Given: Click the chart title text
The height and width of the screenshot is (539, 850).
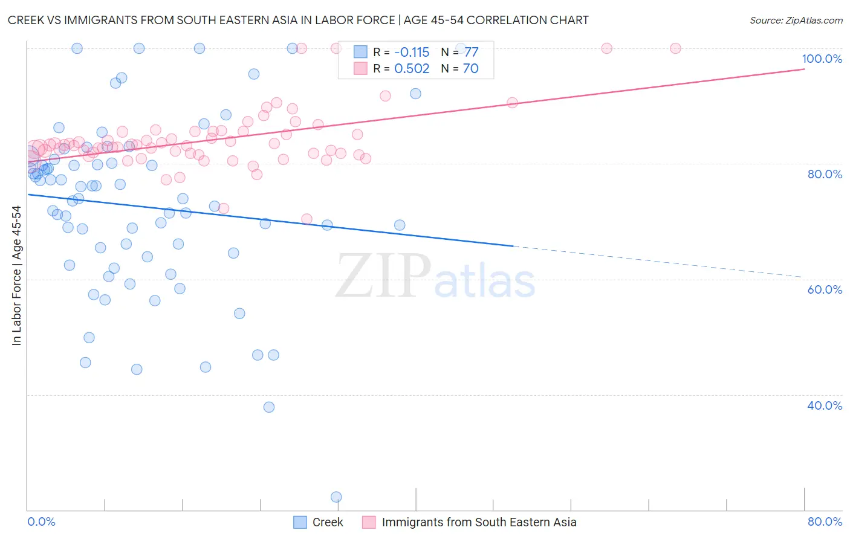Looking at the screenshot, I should pos(298,20).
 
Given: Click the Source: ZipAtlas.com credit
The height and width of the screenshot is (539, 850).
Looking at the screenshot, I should pos(796,20).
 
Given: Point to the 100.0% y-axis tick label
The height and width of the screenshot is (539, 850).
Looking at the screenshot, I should pos(822,59).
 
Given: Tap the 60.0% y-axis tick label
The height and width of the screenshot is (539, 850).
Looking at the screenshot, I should pos(825,289).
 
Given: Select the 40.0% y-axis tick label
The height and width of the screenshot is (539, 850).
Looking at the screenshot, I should pos(825,405).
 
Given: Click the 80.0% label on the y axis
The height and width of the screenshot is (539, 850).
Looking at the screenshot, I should pos(825,174).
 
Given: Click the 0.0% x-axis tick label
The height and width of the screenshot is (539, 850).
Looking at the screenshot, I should pos(41,521).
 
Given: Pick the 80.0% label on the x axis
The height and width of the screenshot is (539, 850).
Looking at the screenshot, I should pos(825,521).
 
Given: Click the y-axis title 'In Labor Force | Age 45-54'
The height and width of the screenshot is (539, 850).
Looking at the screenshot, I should pos(16,276).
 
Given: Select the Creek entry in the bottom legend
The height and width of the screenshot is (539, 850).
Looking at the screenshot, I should pos(328,522).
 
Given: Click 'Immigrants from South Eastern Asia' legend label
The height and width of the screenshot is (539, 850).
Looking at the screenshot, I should pos(479,522).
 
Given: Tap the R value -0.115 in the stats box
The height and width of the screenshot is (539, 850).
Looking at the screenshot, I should pos(412,53).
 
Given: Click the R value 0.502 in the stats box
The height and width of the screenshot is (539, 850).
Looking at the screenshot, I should pos(412,69).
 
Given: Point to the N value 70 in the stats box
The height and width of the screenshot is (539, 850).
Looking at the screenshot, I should pos(470,69).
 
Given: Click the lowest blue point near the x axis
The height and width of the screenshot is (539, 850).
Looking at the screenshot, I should pos(336,497).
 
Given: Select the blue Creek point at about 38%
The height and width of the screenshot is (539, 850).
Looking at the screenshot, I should pos(269,407).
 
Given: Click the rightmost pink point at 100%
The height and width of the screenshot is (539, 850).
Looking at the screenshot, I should pos(675,48).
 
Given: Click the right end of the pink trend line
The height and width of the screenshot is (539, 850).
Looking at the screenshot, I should pos(803,69).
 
